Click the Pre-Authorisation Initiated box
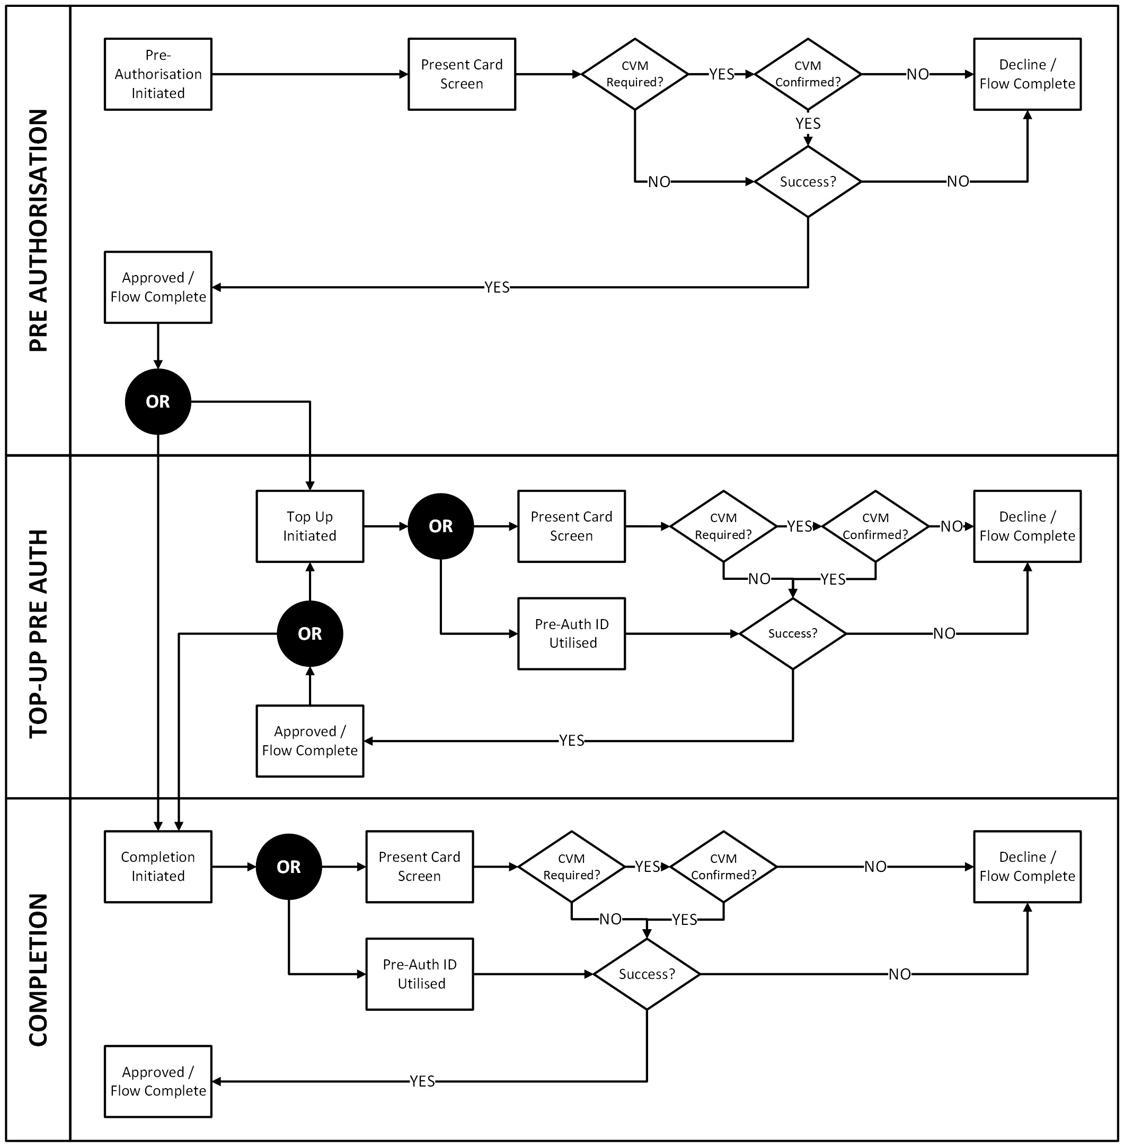tap(158, 74)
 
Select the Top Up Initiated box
tap(310, 526)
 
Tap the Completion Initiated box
tap(158, 867)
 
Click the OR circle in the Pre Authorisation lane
tap(158, 401)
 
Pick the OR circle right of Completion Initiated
tap(289, 867)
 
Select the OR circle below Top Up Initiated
tap(310, 633)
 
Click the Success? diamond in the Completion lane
tap(647, 974)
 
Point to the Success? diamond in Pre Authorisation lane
tap(808, 182)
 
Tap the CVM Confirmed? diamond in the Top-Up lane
tap(875, 526)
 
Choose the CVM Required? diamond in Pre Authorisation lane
tap(635, 74)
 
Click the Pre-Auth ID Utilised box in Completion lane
tap(420, 974)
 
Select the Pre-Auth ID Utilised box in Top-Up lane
tap(571, 633)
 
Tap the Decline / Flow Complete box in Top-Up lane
tap(1027, 526)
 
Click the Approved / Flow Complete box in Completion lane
tap(158, 1081)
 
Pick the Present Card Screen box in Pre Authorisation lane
tap(462, 74)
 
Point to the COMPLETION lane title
tap(38, 970)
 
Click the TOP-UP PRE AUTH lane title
tap(38, 633)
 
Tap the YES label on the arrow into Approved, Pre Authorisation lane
tap(497, 287)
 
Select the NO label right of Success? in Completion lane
tap(900, 974)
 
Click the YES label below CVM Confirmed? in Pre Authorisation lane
tap(808, 123)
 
